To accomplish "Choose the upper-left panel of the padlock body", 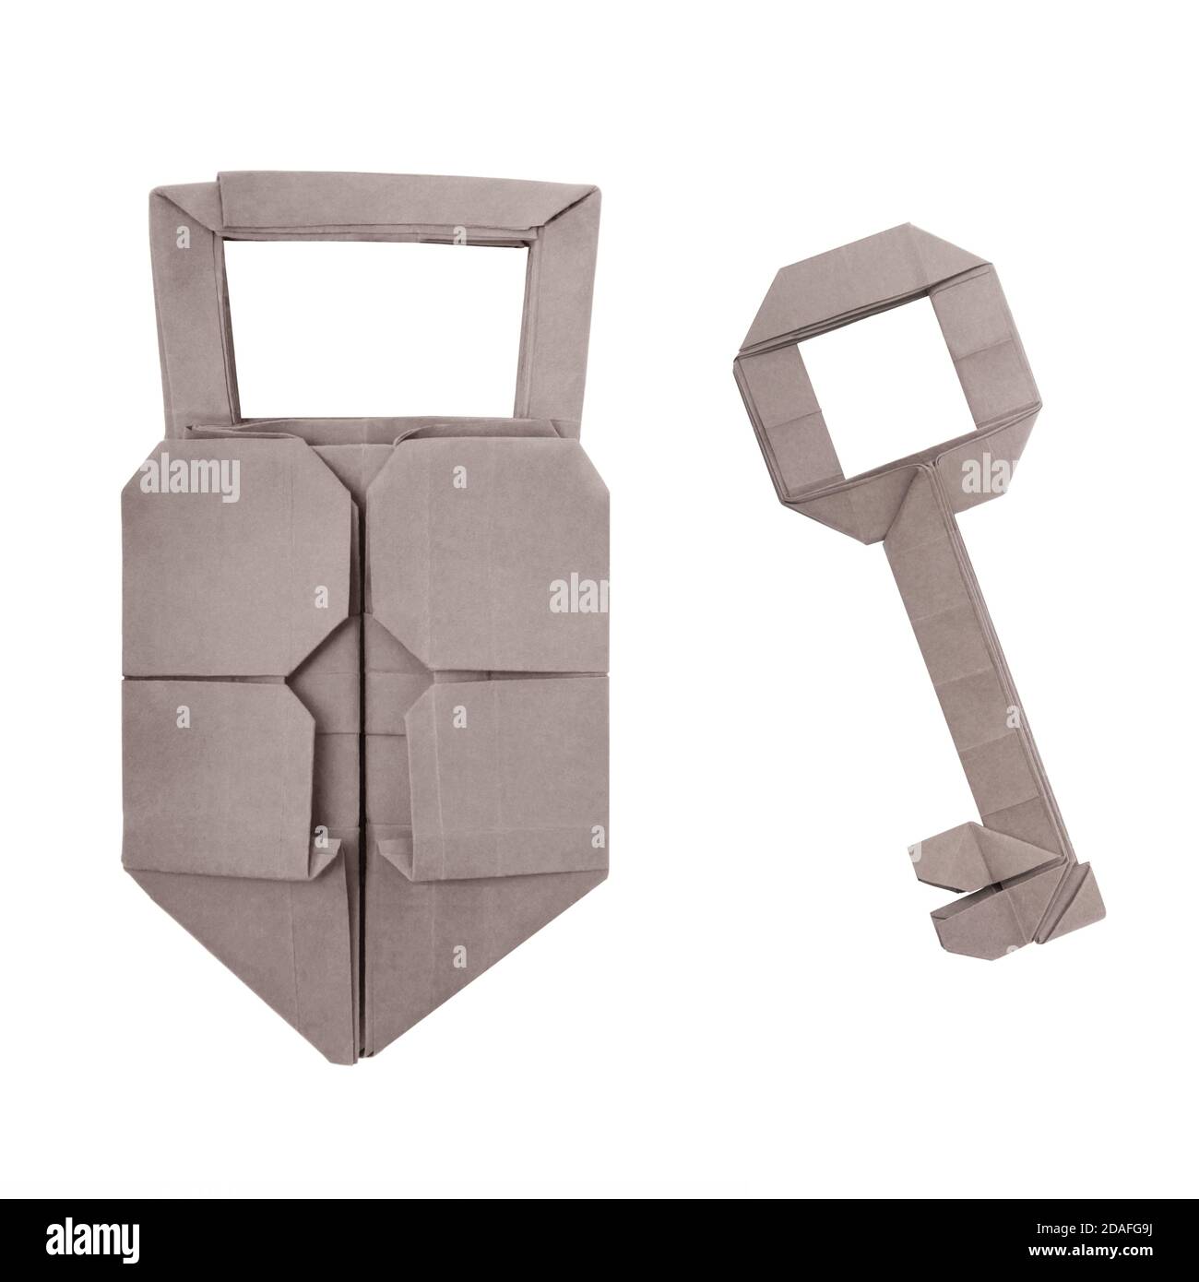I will tap(231, 563).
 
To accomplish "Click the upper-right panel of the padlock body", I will tap(489, 563).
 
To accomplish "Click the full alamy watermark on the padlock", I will tap(189, 480).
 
